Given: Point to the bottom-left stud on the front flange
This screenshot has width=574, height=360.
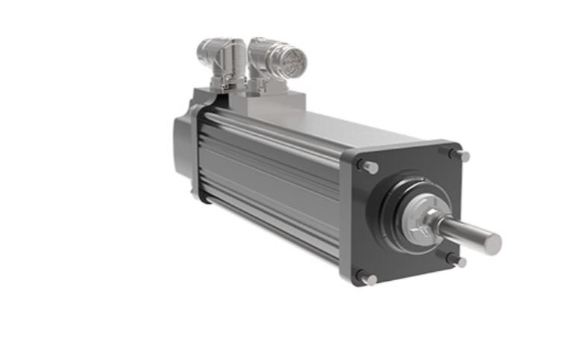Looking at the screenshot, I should (x=369, y=279).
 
